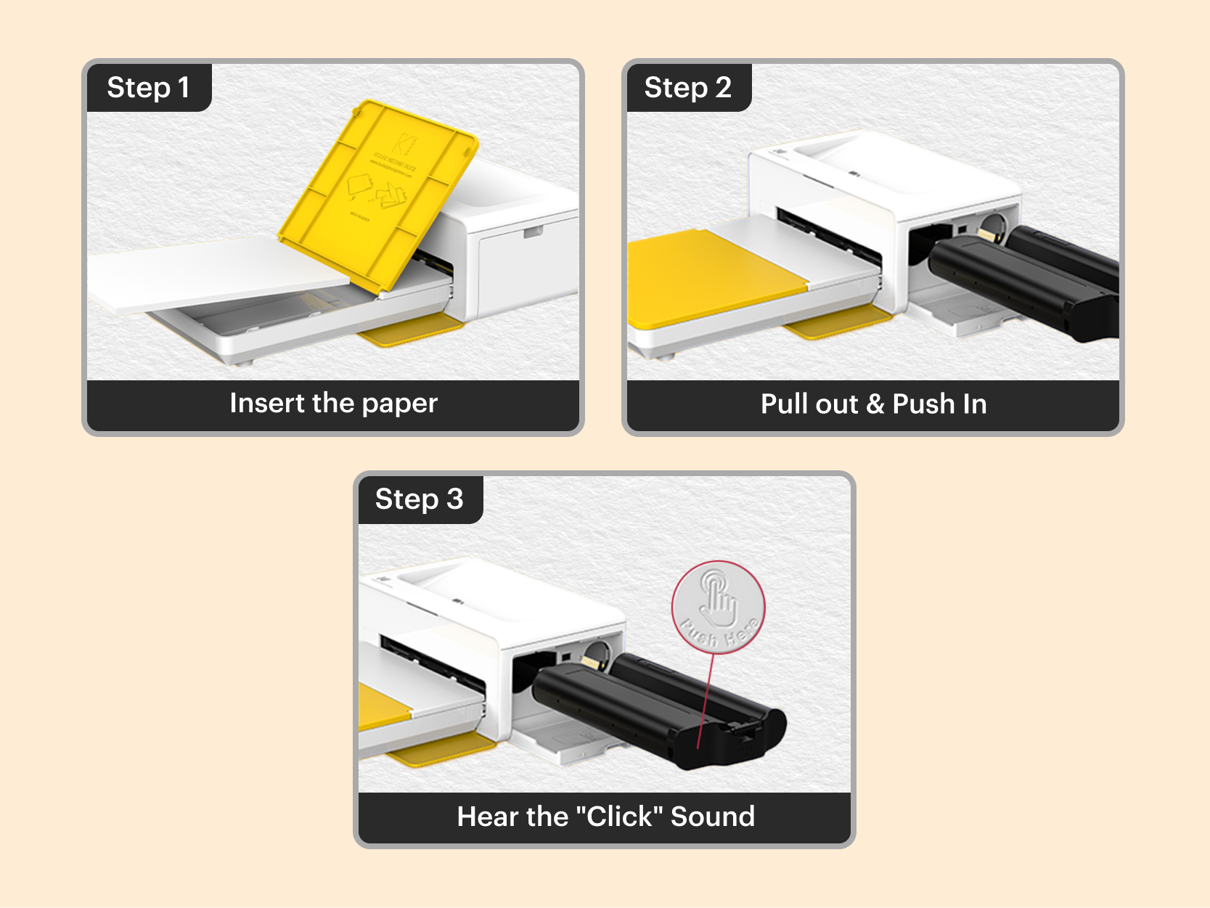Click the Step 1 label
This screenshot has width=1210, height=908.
pos(149,88)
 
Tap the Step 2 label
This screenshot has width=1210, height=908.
pos(687,88)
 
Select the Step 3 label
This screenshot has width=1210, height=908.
pos(419,499)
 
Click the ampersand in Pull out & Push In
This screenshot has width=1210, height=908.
pos(875,404)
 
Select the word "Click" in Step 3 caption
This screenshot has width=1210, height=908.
pos(619,817)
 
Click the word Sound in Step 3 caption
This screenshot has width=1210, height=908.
pos(712,817)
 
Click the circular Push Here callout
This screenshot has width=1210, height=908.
pos(718,607)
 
